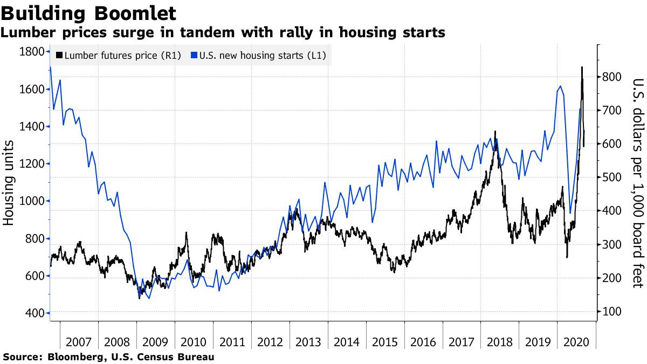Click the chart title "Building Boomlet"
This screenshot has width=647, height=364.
(88, 12)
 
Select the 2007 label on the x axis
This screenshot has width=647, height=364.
(79, 342)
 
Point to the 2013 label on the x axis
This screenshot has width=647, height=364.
(308, 342)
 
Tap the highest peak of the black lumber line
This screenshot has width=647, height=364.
(582, 67)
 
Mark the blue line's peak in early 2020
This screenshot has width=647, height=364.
(561, 86)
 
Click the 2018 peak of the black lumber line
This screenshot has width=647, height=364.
(495, 131)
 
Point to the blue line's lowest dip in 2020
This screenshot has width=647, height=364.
(570, 213)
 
